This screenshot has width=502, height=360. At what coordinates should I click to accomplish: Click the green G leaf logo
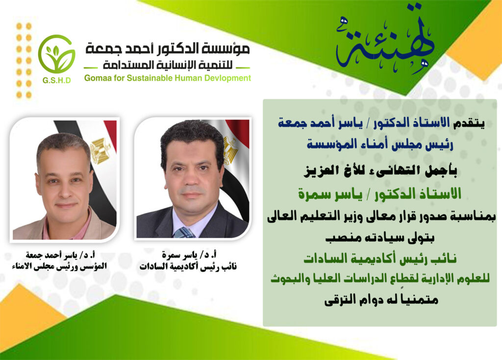tap(57, 54)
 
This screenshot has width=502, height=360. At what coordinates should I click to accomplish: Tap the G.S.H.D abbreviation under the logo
tap(57, 80)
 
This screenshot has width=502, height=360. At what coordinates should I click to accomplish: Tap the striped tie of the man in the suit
tap(185, 233)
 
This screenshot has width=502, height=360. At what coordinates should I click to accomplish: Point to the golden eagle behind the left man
tap(100, 151)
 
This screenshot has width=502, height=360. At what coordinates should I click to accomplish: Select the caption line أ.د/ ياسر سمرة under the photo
tap(189, 255)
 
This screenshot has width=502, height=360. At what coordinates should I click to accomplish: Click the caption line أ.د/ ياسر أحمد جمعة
tap(60, 255)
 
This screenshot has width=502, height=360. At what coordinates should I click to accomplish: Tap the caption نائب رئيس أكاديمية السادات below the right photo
tap(188, 266)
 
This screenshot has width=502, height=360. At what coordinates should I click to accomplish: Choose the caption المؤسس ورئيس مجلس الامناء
tap(59, 266)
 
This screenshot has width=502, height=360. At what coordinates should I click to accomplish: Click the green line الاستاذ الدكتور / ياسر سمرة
tap(380, 193)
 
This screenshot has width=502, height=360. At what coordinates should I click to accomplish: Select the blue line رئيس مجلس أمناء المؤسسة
tap(380, 144)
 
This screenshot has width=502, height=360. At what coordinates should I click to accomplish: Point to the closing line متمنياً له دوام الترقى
tap(381, 300)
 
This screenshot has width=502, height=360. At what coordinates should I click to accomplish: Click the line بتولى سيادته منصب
tap(380, 238)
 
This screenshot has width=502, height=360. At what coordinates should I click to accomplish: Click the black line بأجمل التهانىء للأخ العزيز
tap(380, 171)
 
